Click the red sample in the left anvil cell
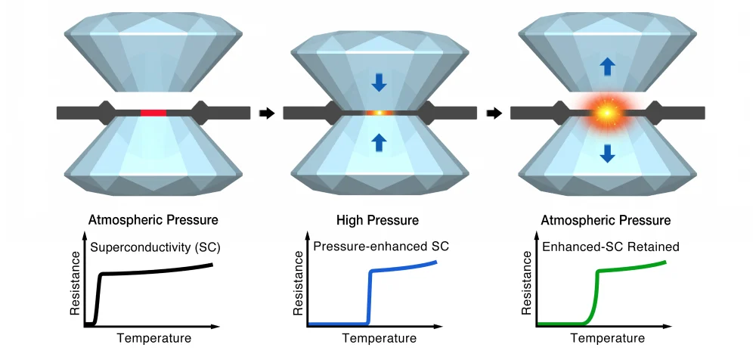click(x=153, y=113)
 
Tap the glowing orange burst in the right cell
click(x=606, y=113)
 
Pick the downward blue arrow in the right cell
click(x=607, y=154)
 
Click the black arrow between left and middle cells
click(x=266, y=113)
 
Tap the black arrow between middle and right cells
click(x=493, y=113)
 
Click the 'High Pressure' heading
click(x=378, y=220)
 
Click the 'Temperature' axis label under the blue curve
click(x=379, y=338)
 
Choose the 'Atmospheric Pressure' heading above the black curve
click(x=153, y=220)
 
